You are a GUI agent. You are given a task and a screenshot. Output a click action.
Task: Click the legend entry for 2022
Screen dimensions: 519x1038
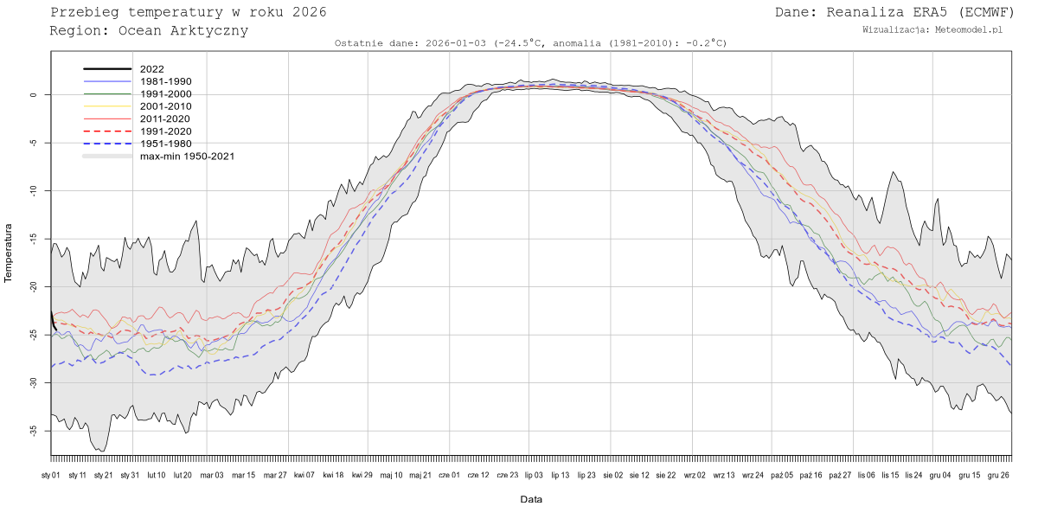click(151, 69)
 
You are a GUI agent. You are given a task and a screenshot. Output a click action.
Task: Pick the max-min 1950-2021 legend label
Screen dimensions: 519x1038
click(187, 157)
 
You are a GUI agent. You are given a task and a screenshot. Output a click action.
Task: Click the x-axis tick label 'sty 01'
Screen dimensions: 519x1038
click(51, 475)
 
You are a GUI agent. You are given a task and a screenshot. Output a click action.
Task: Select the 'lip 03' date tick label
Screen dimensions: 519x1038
click(533, 475)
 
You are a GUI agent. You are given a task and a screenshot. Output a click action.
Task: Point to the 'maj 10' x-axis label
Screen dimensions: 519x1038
click(392, 475)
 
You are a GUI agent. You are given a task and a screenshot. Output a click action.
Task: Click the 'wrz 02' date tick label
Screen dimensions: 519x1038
click(695, 475)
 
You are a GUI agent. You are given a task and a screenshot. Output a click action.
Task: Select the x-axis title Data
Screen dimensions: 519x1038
click(531, 499)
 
